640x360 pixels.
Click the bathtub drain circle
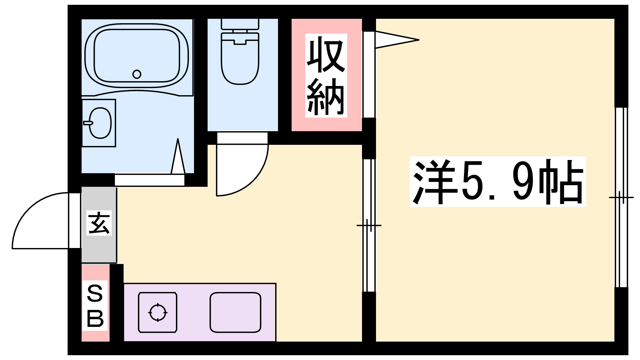[x=137, y=74]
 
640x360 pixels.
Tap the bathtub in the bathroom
[x=137, y=55]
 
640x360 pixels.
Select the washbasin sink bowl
[x=100, y=123]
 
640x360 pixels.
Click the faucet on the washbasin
[x=88, y=123]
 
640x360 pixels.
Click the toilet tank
[x=240, y=24]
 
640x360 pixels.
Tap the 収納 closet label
[x=326, y=76]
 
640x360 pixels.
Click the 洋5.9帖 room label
[x=498, y=182]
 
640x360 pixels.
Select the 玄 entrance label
[x=99, y=223]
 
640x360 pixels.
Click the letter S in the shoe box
[x=95, y=294]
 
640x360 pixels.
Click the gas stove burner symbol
[x=158, y=312]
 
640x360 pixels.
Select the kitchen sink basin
[x=236, y=312]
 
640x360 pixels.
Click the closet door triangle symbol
[x=397, y=40]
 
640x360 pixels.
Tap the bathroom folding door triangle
[x=178, y=156]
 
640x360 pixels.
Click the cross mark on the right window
[x=621, y=197]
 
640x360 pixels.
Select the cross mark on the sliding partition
[x=369, y=226]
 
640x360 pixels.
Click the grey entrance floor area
[x=99, y=225]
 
